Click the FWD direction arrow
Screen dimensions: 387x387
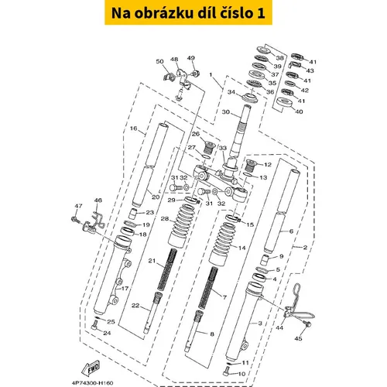pos(91,368)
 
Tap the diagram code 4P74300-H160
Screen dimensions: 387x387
pos(92,383)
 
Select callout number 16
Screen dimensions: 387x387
pos(133,128)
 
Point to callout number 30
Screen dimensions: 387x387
pos(226,112)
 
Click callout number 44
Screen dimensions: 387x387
pos(279,327)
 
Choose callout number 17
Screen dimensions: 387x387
pos(125,288)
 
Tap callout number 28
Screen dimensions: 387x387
pos(165,219)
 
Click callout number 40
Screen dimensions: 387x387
pos(299,111)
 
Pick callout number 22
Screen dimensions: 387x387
pos(135,306)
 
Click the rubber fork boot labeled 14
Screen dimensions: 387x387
pos(220,245)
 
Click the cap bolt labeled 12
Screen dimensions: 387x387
pos(250,165)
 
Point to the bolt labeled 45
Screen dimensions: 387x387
pos(307,323)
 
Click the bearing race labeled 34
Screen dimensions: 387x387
pos(250,98)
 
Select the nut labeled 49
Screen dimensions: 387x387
pos(196,73)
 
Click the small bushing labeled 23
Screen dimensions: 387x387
pos(133,214)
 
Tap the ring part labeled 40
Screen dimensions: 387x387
pos(284,102)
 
